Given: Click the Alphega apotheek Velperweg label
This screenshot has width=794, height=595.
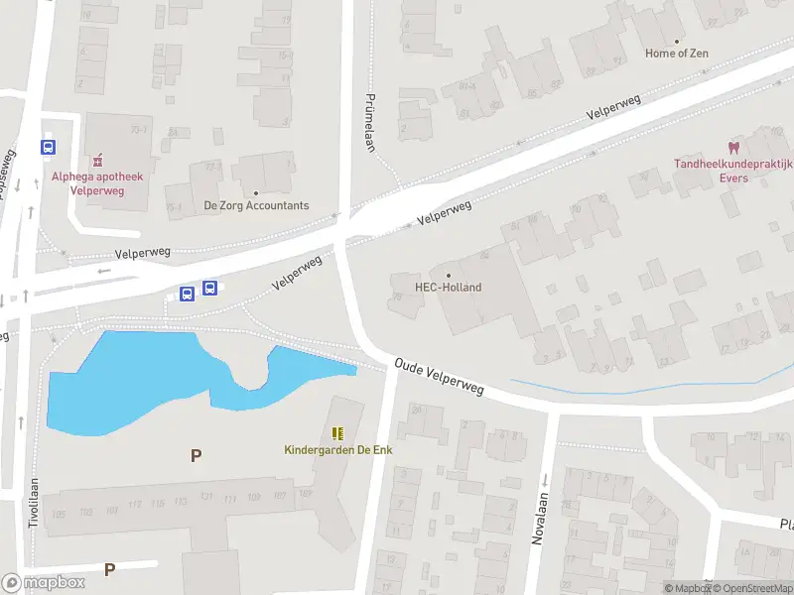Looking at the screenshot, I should [x=97, y=183].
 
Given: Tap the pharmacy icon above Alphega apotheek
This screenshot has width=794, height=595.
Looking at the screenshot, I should [x=97, y=160].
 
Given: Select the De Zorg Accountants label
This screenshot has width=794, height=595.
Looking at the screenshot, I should [x=256, y=206].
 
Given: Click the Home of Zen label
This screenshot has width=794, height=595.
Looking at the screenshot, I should [x=678, y=54].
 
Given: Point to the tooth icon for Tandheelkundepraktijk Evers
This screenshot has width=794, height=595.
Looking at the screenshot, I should [x=734, y=147].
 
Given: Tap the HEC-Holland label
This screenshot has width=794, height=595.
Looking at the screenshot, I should [x=448, y=288].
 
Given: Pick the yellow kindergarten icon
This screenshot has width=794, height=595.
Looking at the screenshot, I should [x=337, y=433].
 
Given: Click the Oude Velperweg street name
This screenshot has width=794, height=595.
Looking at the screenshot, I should [x=439, y=377].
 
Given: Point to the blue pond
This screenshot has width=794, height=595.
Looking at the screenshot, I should [x=129, y=382].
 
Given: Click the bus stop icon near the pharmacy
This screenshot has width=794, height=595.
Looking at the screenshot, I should [x=48, y=147].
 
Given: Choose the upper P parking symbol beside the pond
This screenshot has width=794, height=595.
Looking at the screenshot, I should [x=196, y=455].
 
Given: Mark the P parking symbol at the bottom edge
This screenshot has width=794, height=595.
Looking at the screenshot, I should [x=110, y=569].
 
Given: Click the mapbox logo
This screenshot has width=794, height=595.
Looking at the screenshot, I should [x=44, y=583].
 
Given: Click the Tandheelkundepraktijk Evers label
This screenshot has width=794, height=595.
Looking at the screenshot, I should [x=734, y=172].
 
